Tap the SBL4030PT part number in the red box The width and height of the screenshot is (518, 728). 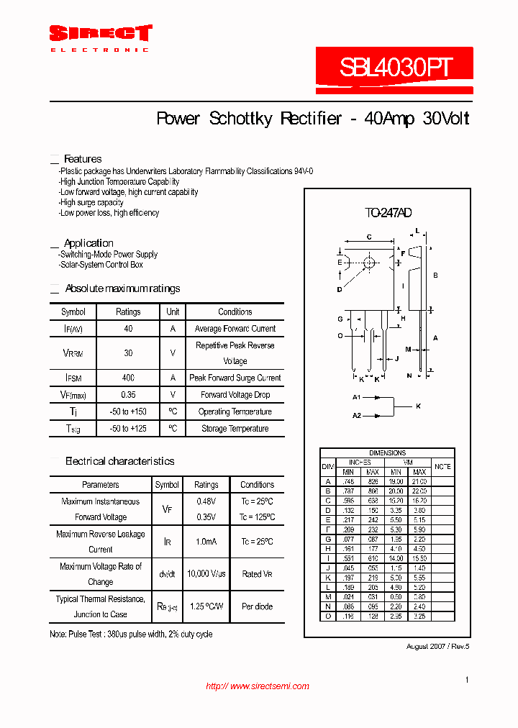(x=395, y=68)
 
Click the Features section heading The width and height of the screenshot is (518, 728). (x=83, y=159)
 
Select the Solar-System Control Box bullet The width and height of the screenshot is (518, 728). (x=101, y=265)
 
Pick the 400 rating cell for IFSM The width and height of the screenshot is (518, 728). (x=128, y=378)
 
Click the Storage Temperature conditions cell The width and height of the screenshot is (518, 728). (x=235, y=429)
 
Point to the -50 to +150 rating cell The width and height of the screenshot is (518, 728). (x=128, y=411)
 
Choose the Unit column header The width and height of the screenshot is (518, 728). (x=173, y=312)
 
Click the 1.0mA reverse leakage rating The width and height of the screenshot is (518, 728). (x=206, y=542)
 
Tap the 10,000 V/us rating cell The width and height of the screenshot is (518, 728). (x=206, y=574)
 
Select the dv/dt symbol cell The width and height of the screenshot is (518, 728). (x=167, y=574)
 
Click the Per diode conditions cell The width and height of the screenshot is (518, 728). (x=257, y=606)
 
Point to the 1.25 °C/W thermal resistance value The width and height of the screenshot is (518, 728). (x=206, y=606)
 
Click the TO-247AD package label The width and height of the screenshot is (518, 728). (x=388, y=213)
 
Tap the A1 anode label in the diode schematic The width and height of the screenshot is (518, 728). (x=356, y=398)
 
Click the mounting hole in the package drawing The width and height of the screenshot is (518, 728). (x=369, y=263)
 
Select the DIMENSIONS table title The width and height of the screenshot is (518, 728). (x=387, y=453)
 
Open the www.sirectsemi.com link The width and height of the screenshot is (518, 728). (x=258, y=686)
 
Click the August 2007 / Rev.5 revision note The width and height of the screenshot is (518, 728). (x=437, y=647)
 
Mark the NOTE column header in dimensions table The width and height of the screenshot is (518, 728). (x=443, y=467)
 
